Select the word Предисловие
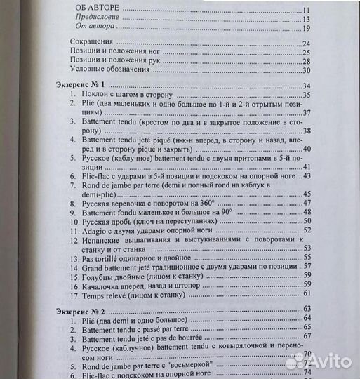[98, 18]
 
